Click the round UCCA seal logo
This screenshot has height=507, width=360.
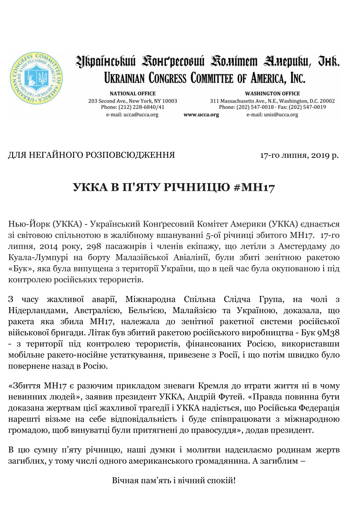click(x=36, y=78)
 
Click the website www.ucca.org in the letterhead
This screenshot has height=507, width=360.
click(x=201, y=115)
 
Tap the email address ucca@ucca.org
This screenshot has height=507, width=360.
click(x=141, y=115)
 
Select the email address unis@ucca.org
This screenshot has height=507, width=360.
click(x=281, y=115)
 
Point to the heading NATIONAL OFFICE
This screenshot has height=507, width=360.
click(x=133, y=94)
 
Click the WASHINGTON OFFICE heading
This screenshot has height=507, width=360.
click(x=272, y=94)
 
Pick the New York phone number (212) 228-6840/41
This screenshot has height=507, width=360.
click(x=141, y=107)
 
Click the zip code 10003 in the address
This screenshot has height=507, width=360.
click(x=170, y=101)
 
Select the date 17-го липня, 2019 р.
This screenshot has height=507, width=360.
click(x=299, y=155)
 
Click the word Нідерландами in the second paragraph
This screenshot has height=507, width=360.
click(x=38, y=311)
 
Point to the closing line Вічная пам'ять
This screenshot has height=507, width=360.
click(x=174, y=480)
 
